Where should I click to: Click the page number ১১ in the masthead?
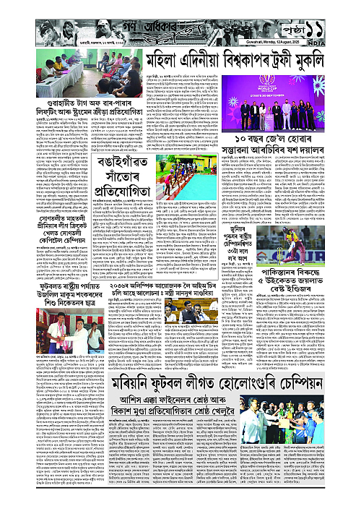tap(337, 20)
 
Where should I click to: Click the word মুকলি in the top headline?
tap(320, 62)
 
